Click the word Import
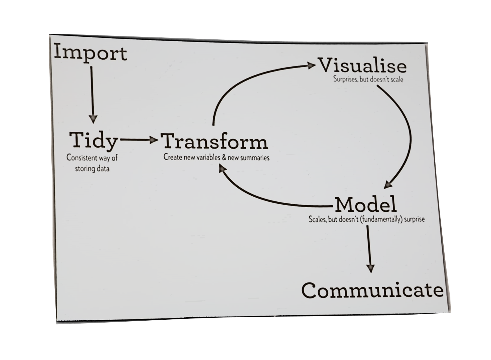[91, 54]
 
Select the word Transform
[214, 141]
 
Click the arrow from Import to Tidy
[92, 93]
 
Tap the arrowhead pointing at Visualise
[311, 66]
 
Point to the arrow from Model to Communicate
[369, 248]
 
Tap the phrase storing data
[92, 169]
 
